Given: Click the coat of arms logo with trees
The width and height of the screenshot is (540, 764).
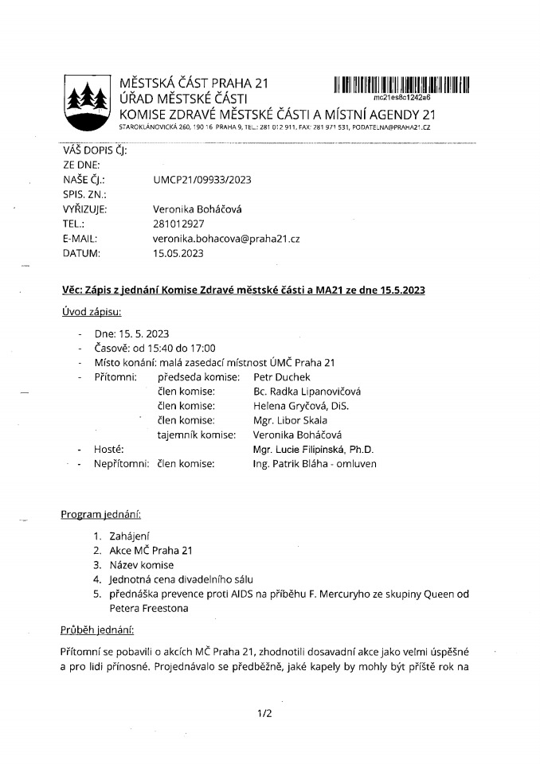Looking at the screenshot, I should [x=88, y=104].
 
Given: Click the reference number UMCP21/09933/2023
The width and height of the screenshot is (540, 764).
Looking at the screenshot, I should [x=202, y=180].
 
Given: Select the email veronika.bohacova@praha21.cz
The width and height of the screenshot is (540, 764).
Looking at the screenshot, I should [x=225, y=239].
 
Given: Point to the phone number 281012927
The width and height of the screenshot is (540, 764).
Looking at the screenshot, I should [x=178, y=224].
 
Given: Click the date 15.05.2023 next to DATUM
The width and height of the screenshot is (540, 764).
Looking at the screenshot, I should [x=178, y=254].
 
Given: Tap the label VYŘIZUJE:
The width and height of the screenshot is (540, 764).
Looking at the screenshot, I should [x=84, y=209].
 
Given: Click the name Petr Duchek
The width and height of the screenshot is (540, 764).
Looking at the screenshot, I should [x=281, y=376].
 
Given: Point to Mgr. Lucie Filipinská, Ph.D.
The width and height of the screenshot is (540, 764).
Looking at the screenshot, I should [x=313, y=450].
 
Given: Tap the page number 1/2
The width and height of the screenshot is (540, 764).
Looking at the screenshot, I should [x=265, y=713].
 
